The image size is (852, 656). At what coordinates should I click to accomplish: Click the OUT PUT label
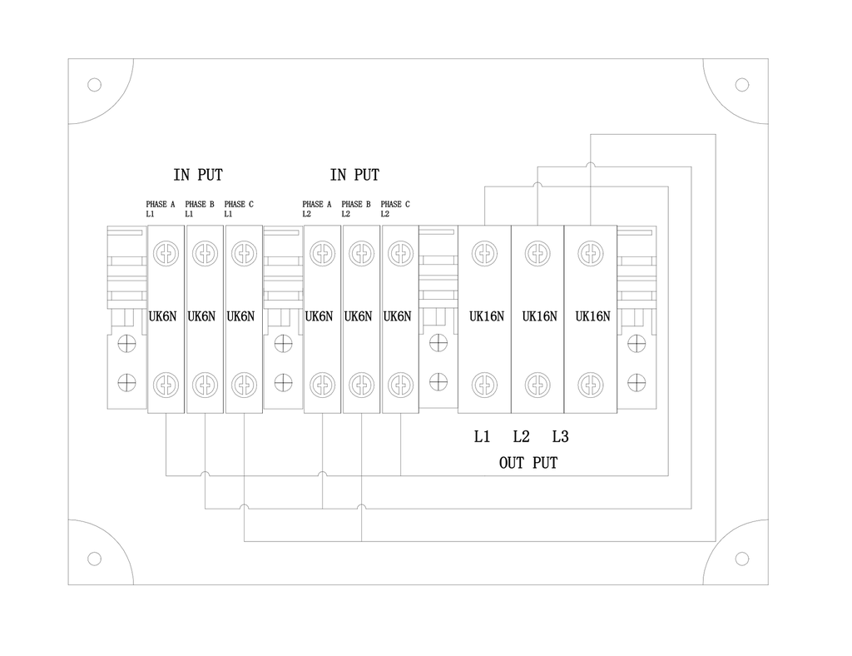pos(528,463)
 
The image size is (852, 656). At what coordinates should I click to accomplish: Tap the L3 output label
pos(560,436)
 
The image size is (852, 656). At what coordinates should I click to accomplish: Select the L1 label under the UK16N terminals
pos(482,436)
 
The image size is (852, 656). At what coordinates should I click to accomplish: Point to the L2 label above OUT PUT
pos(521,436)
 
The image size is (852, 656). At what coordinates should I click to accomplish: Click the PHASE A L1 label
pos(161,209)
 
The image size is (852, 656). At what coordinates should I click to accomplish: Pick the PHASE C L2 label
pos(395,209)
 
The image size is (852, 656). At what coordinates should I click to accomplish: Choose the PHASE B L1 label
pos(200,209)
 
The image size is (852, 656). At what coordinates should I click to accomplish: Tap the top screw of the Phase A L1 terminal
pos(166,253)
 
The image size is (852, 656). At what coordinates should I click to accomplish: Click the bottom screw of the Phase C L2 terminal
pos(400,385)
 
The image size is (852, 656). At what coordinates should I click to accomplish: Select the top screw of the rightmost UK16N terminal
pos(591,253)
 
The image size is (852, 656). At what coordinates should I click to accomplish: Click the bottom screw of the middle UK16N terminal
pos(537,385)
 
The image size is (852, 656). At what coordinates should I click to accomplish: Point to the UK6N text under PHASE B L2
pos(358,316)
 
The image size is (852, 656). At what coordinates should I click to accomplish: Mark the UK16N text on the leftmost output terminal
pos(486,316)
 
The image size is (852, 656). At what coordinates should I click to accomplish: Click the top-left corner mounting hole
pos(95,85)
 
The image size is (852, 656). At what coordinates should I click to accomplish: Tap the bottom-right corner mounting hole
pos(741,559)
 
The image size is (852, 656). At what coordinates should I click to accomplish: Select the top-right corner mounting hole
pos(741,85)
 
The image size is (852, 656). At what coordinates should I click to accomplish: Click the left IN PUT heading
pos(198,175)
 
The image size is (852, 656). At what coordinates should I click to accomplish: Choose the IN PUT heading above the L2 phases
pos(354,175)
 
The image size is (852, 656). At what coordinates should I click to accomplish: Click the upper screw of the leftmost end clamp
pos(126,344)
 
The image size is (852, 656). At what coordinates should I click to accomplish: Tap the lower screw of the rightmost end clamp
pos(637,383)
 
